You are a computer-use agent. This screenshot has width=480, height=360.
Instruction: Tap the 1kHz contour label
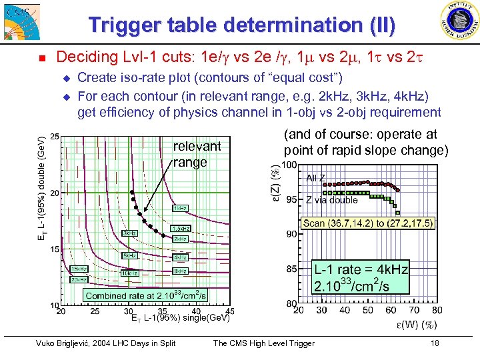pos(179,208)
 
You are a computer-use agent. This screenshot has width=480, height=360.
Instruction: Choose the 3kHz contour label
pos(130,233)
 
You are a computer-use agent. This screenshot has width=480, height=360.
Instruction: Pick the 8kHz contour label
pos(179,271)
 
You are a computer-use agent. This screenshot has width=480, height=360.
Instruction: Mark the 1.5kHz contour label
pos(181,228)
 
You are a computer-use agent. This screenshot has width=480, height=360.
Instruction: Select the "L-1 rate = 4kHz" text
pos(361,269)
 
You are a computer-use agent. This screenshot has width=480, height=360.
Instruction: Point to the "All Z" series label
pos(316,178)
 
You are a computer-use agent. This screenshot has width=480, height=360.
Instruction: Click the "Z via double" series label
pos(332,200)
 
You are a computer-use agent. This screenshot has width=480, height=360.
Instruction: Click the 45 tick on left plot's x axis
pos(230,311)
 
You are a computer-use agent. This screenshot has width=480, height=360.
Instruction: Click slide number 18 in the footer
pos(435,343)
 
